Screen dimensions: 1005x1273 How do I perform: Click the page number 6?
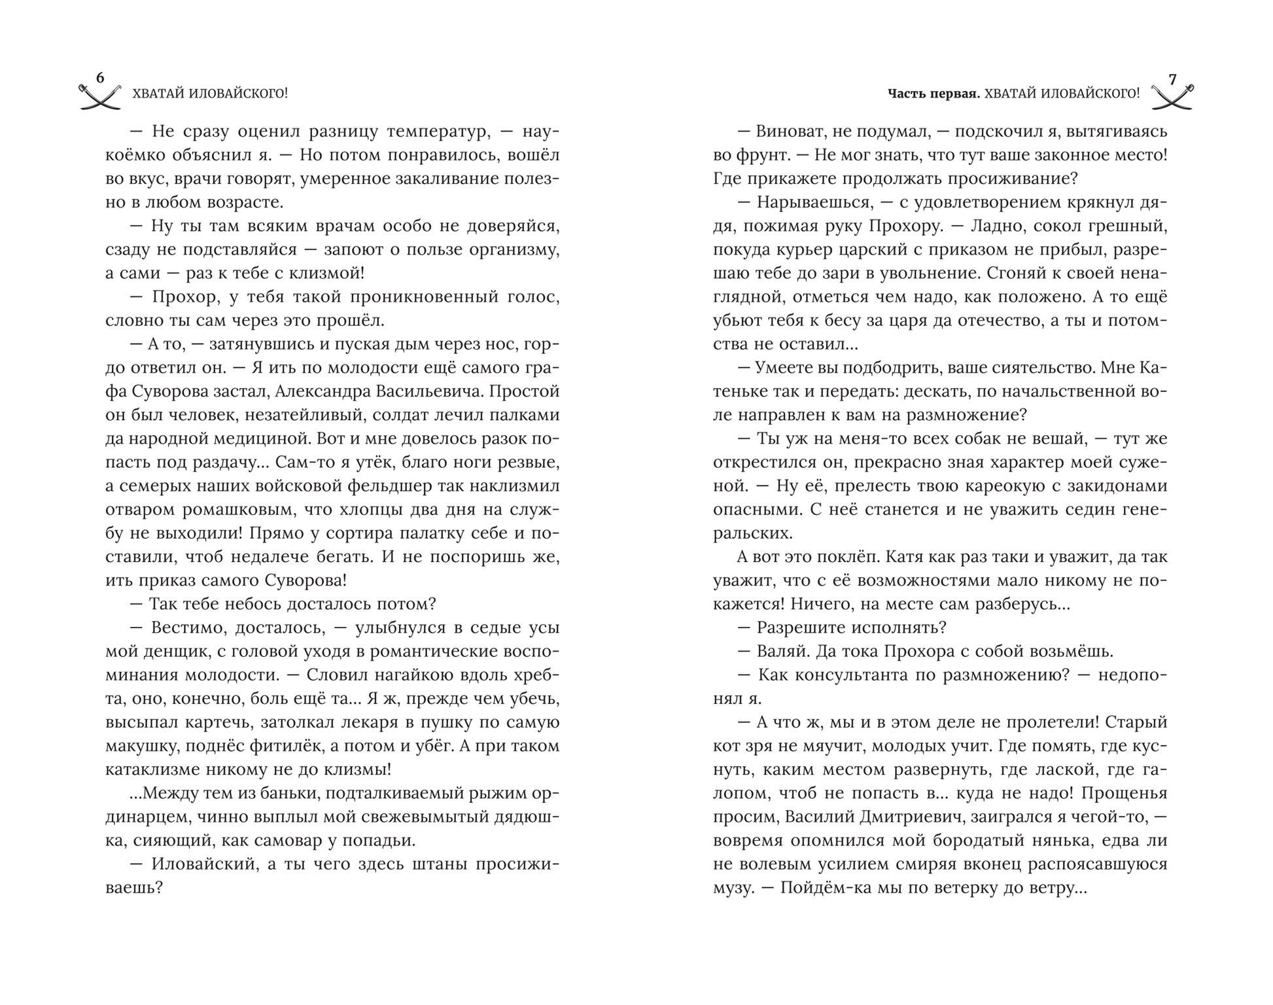pyautogui.click(x=100, y=78)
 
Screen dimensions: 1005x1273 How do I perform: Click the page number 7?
pyautogui.click(x=1172, y=79)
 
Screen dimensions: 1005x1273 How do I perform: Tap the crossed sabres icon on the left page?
pyautogui.click(x=100, y=97)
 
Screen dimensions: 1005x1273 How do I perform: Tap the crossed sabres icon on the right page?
pyautogui.click(x=1172, y=97)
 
